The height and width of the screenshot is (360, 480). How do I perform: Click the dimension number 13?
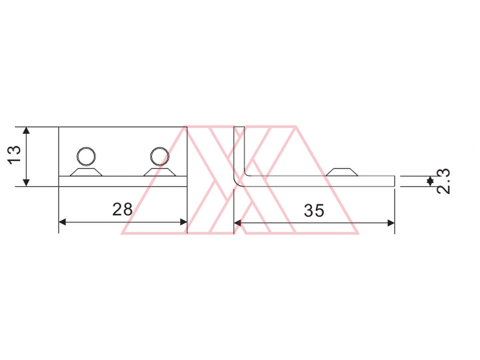coord(14,155)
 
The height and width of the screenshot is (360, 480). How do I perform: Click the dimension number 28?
coord(123,210)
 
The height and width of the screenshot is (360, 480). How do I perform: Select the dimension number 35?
coord(314,211)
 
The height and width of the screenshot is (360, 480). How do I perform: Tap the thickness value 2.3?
coord(444,181)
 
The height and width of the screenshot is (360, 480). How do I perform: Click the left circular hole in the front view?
coord(86,156)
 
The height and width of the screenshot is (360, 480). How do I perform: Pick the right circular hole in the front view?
coord(159,156)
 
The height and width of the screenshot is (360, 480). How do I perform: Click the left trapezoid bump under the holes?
coord(86,172)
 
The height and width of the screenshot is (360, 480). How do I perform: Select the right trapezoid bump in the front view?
coord(160,172)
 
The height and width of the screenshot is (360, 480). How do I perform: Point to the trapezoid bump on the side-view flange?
coord(342,172)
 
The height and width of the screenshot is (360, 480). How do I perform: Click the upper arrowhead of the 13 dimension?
coord(26,131)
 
